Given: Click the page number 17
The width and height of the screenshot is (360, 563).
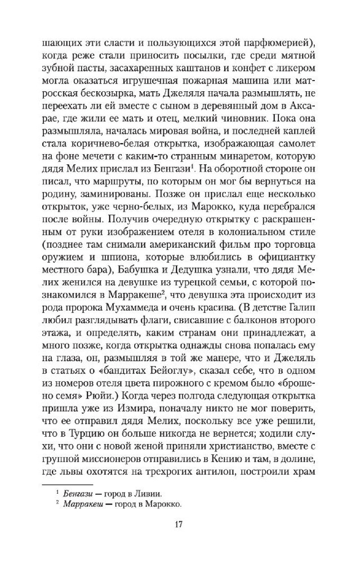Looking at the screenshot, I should click(180, 525).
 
